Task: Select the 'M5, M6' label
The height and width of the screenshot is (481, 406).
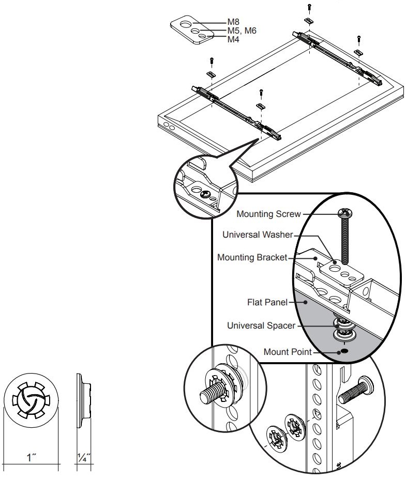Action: (x=242, y=31)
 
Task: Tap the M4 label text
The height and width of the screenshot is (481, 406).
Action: (x=234, y=39)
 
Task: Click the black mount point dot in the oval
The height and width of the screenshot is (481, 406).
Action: (x=343, y=351)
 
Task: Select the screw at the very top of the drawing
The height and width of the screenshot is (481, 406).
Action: (x=309, y=7)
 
